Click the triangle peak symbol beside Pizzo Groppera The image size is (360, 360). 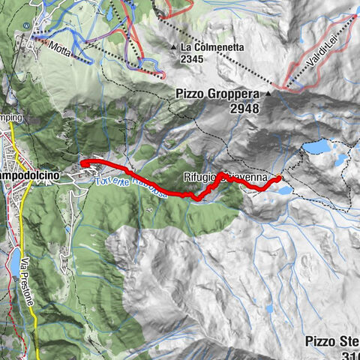[x=268, y=94]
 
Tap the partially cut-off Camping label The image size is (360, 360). [x=11, y=118]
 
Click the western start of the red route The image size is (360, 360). [x=81, y=162]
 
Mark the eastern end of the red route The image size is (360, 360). [x=279, y=178]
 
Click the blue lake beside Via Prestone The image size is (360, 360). [x=15, y=261]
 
